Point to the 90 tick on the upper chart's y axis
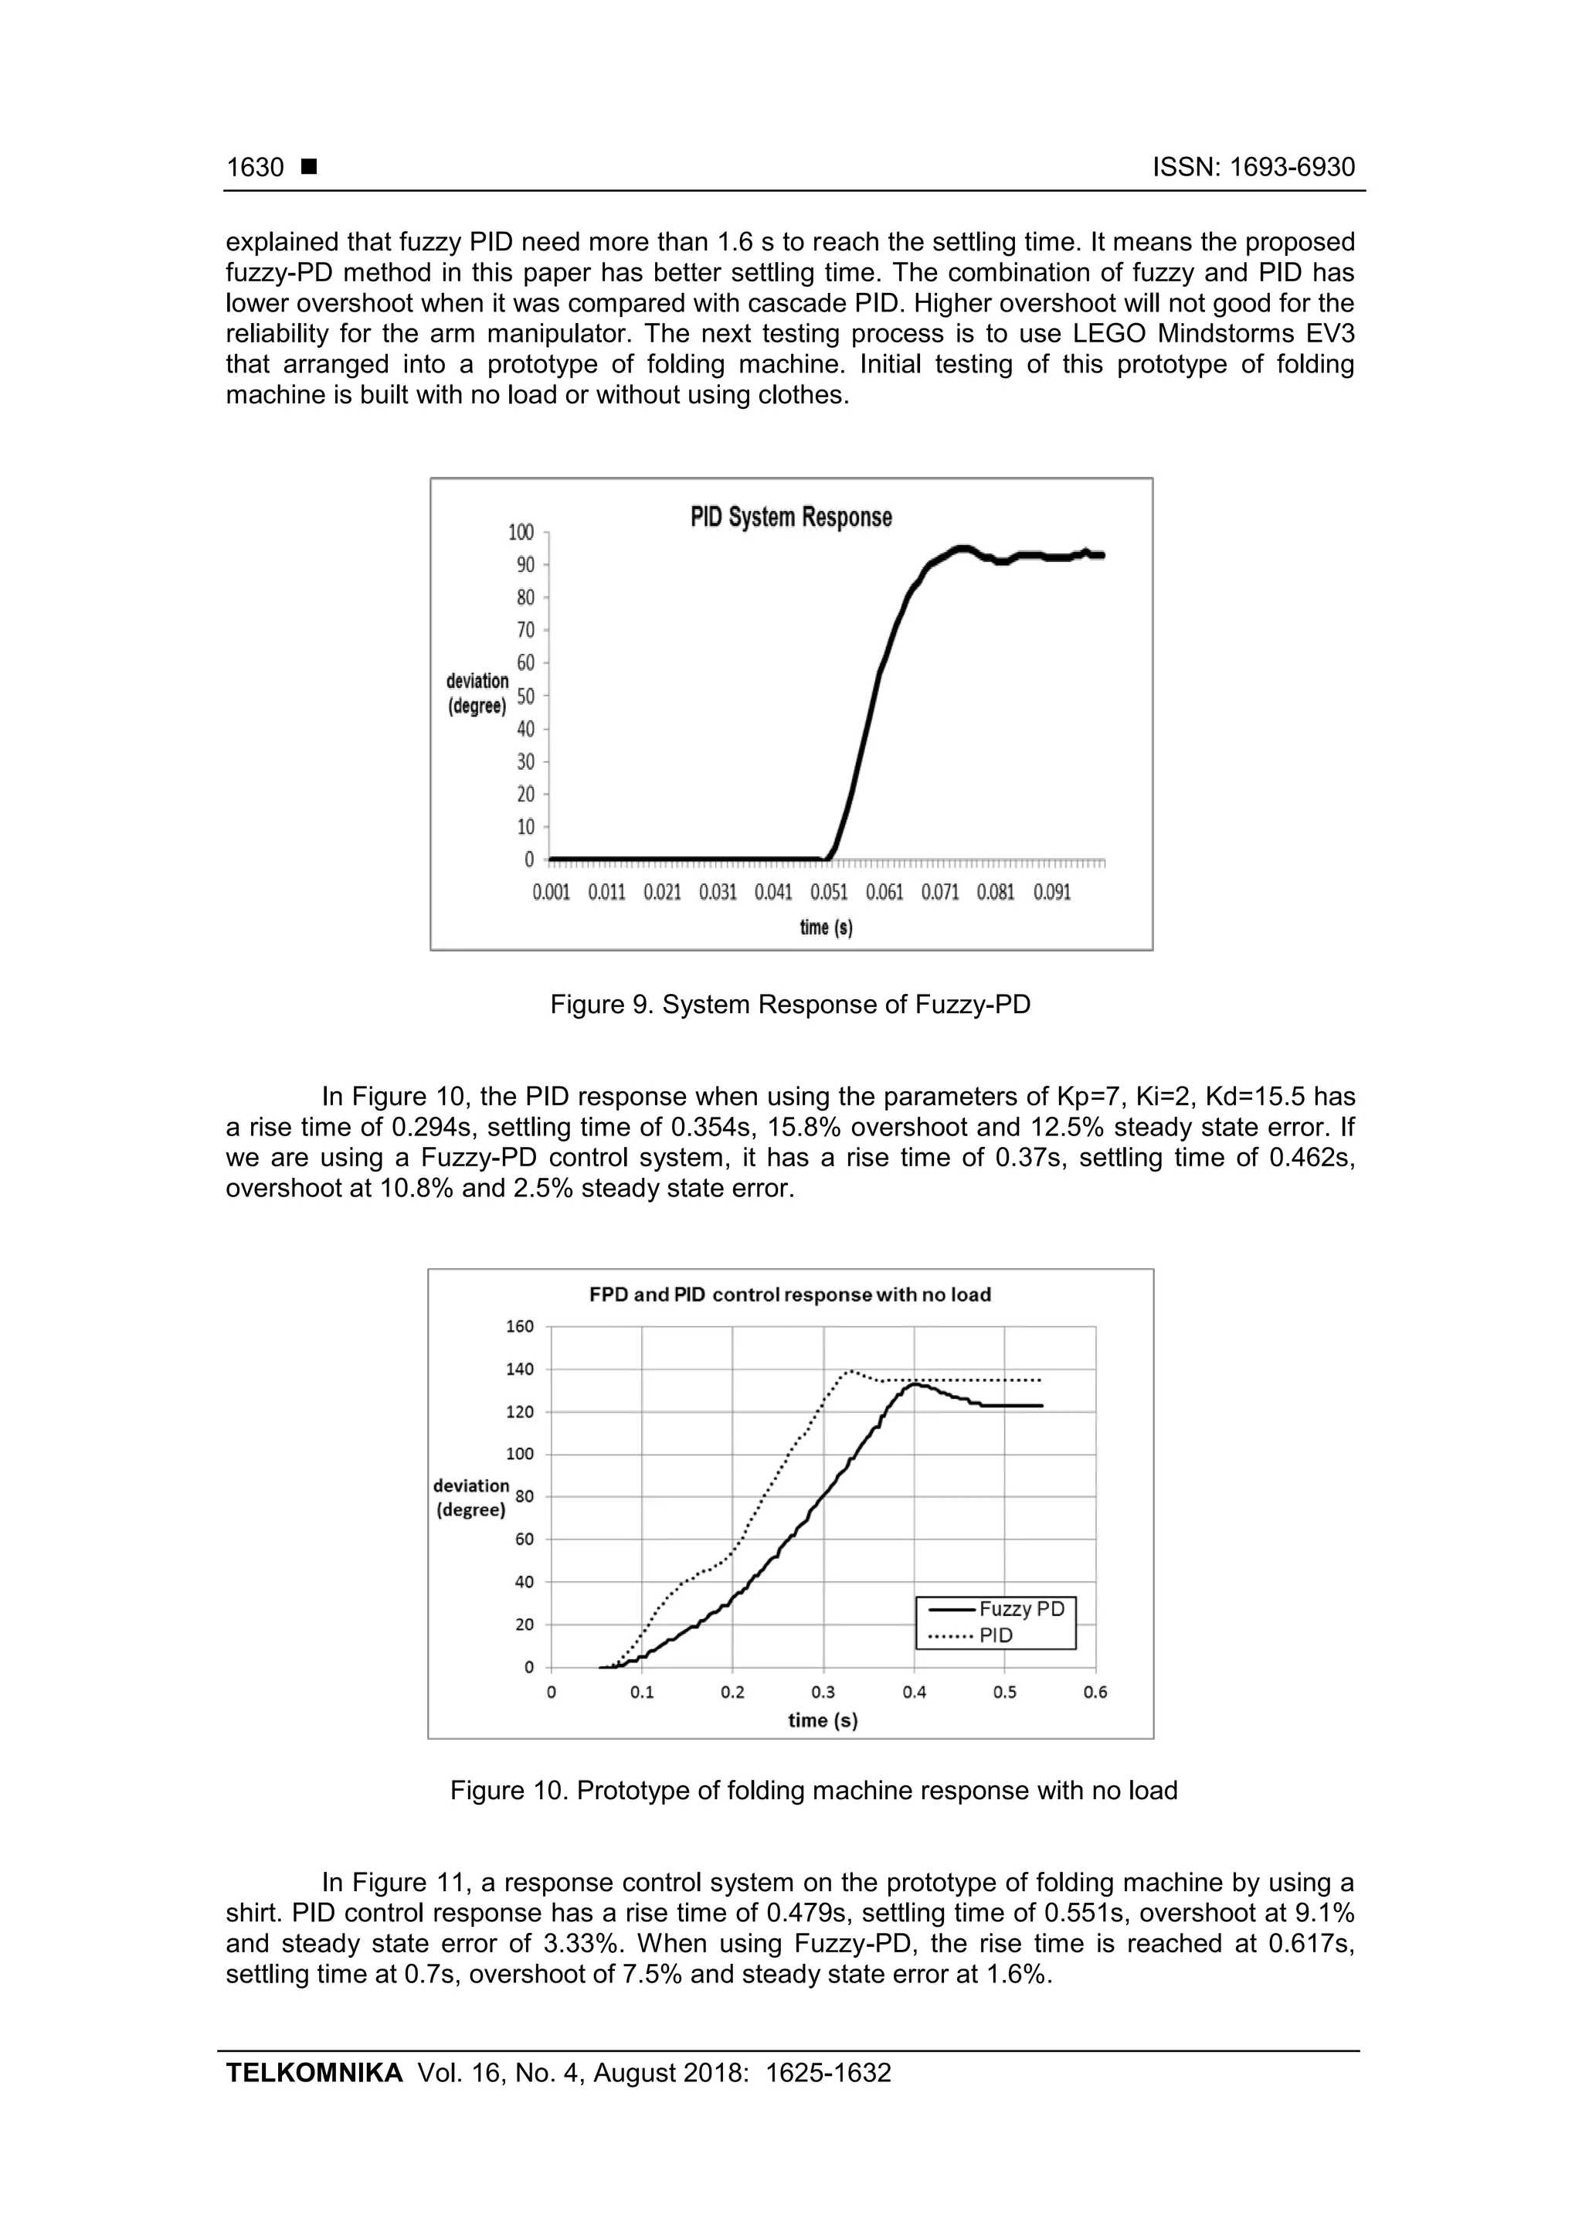(x=525, y=565)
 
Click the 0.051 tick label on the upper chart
(x=829, y=893)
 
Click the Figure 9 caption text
(x=789, y=1005)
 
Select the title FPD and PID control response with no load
(x=789, y=1295)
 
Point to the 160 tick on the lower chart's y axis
(x=521, y=1326)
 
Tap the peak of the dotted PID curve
(x=850, y=1371)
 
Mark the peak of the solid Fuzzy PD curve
(x=915, y=1383)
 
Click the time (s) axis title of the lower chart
(x=823, y=1720)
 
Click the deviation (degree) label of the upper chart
(x=477, y=693)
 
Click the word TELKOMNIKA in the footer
(x=314, y=2072)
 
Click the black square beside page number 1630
(x=309, y=167)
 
